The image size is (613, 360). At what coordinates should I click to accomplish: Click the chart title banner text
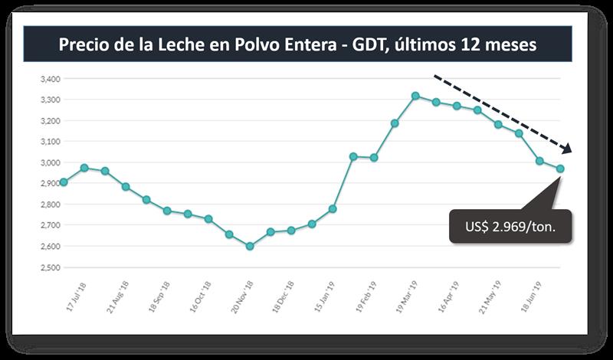[x=297, y=45]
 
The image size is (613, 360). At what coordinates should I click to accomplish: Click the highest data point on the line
[x=415, y=96]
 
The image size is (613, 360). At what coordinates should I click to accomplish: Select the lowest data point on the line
[x=250, y=246]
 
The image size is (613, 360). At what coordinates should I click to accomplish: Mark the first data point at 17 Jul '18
[x=64, y=182]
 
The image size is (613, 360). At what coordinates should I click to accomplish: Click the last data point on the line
[x=560, y=169]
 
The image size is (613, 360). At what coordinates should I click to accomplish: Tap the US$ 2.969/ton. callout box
[x=510, y=227]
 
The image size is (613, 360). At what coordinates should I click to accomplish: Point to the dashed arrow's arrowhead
[x=568, y=150]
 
